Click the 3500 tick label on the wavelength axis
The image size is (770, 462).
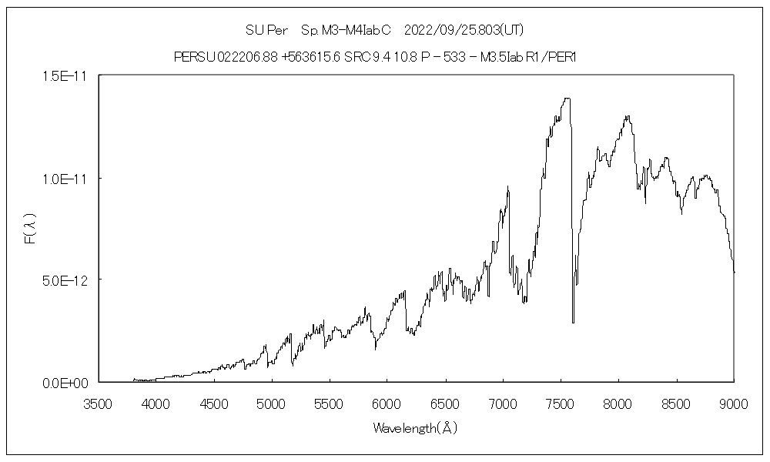(x=98, y=403)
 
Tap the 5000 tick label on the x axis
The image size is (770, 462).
(x=271, y=403)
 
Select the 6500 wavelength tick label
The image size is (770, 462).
(x=445, y=403)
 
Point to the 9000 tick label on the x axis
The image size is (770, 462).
(x=734, y=403)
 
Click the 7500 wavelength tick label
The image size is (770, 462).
(x=561, y=403)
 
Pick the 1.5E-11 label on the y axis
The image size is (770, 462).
(x=69, y=75)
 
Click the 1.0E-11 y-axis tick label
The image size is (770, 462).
(x=69, y=178)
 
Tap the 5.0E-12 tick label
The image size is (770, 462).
(x=69, y=280)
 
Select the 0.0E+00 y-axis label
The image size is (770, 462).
(x=69, y=382)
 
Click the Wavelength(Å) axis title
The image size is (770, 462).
(x=415, y=428)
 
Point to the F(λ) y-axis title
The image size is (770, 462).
(x=30, y=229)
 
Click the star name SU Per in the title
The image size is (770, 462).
(x=266, y=30)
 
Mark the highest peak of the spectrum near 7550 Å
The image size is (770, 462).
(x=567, y=99)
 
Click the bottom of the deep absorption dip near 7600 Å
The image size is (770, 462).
(x=573, y=322)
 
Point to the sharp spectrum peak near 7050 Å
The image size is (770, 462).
(x=508, y=187)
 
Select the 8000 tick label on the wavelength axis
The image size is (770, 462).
(x=618, y=403)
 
